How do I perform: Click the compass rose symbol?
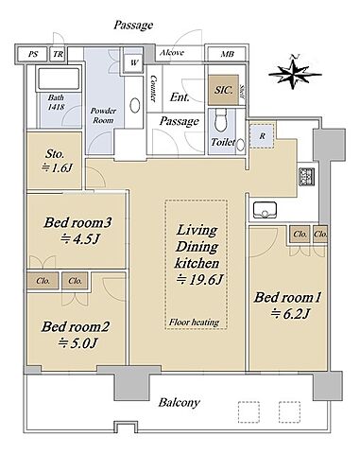(x=295, y=74)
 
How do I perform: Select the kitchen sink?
(x=265, y=210)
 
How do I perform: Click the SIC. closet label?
(x=224, y=90)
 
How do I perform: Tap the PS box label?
(x=33, y=54)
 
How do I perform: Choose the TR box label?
(x=58, y=54)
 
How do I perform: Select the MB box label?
(x=227, y=54)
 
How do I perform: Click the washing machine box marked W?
(x=133, y=62)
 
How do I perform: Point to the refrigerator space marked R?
(x=262, y=136)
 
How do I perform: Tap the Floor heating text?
(x=194, y=323)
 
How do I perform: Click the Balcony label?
(x=179, y=403)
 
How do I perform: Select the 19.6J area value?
(x=199, y=280)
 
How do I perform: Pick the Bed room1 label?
(x=287, y=297)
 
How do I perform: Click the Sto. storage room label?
(x=55, y=154)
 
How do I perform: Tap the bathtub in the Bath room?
(x=59, y=78)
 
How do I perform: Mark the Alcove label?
(x=172, y=53)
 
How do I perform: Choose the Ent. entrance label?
(x=180, y=97)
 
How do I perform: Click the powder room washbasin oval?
(x=135, y=106)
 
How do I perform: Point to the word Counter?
(x=153, y=88)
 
